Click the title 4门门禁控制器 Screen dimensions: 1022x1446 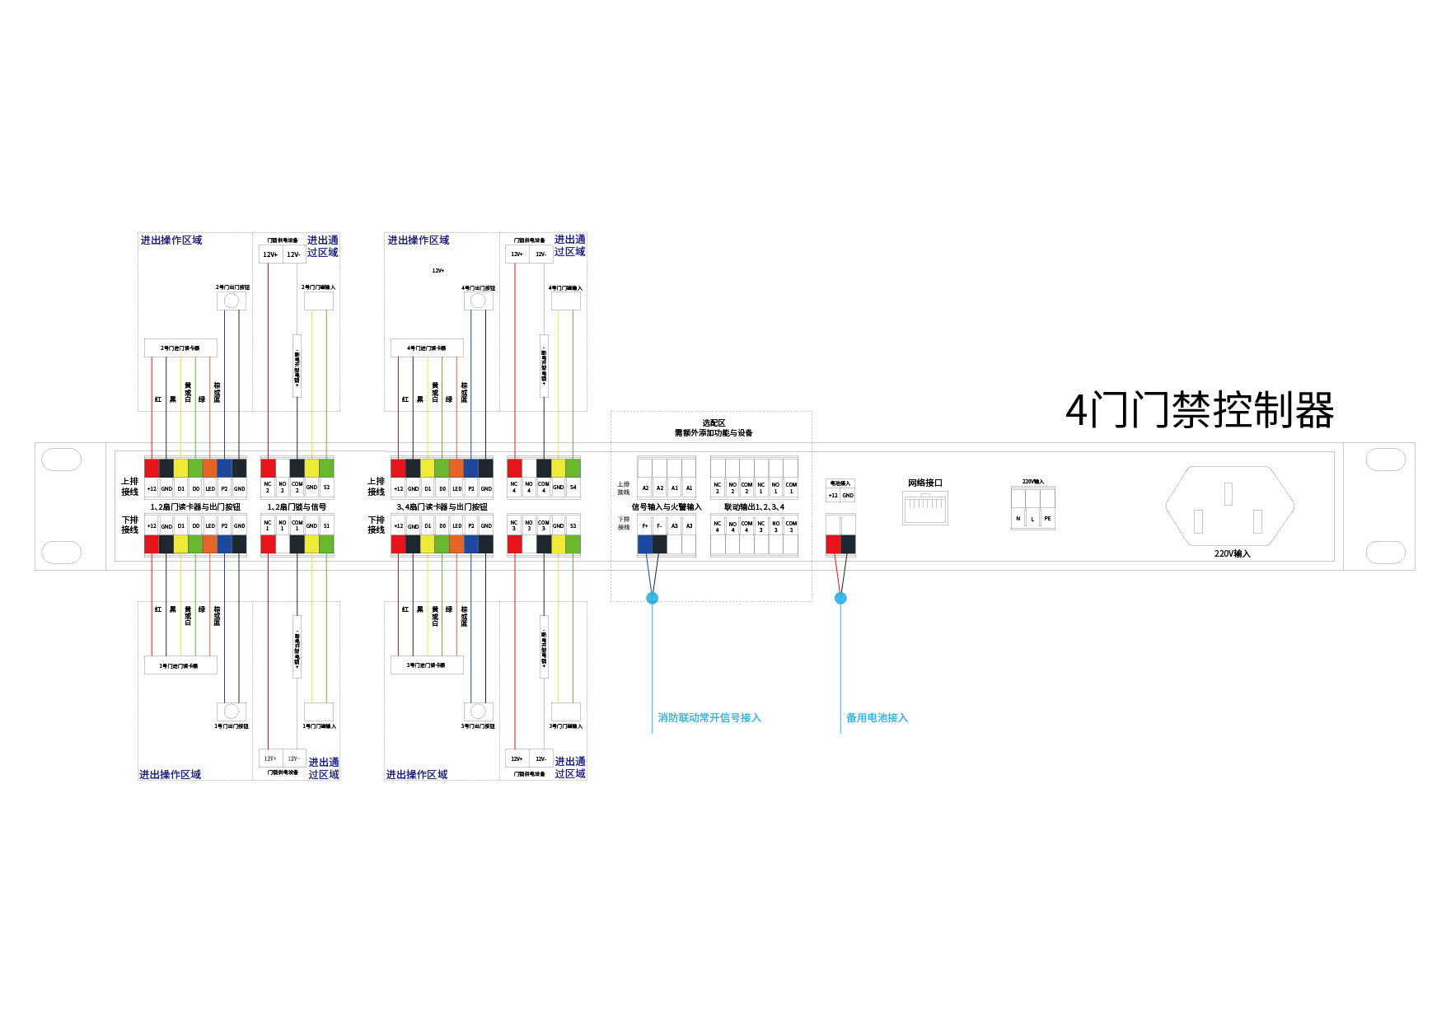click(1199, 410)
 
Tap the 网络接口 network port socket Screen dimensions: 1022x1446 click(924, 509)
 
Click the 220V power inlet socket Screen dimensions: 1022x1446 click(1228, 506)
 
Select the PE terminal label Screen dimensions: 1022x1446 click(1047, 519)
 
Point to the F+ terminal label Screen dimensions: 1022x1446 click(645, 525)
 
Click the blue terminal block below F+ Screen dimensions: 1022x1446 click(645, 544)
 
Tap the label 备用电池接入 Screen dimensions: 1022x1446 click(877, 718)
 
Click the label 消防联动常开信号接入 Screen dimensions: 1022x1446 click(709, 718)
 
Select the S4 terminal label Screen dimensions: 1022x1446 click(573, 488)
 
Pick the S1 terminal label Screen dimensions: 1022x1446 click(326, 525)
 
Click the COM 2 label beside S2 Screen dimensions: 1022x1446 click(297, 488)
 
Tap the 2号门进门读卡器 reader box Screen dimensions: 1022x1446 click(180, 348)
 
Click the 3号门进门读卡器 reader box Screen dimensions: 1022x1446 click(427, 665)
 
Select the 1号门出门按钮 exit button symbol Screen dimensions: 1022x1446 click(232, 712)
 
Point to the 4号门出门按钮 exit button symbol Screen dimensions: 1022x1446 click(479, 301)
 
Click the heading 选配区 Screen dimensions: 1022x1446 click(714, 422)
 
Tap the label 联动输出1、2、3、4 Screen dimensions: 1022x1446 click(754, 507)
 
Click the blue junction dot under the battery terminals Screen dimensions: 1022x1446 click(840, 598)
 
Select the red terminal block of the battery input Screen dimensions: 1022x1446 click(833, 544)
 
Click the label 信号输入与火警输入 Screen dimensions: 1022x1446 click(666, 507)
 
